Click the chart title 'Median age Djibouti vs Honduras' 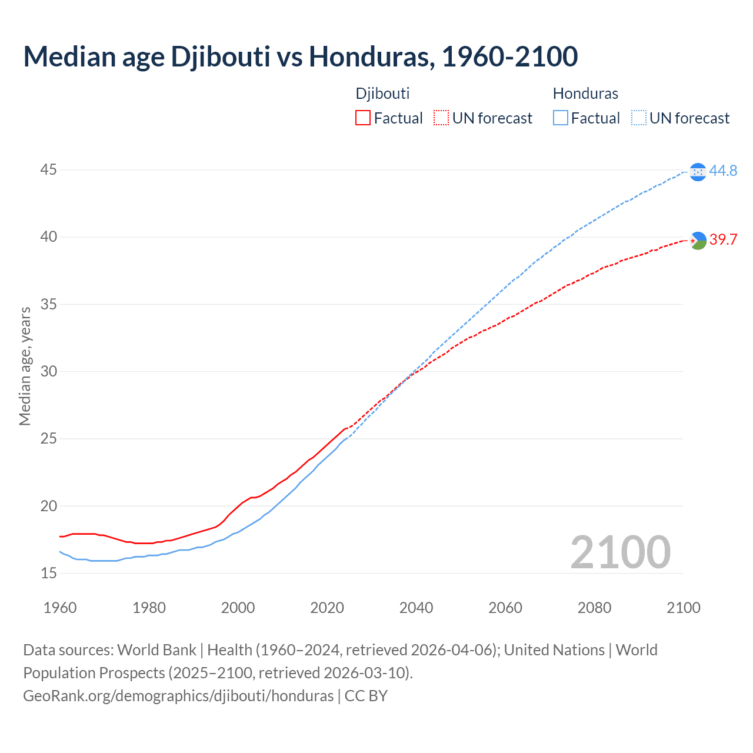(x=300, y=56)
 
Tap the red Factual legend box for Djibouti (x=363, y=118)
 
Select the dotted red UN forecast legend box (x=441, y=118)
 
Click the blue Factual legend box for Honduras (x=561, y=118)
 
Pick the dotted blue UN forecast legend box (x=638, y=118)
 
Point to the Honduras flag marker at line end (x=698, y=172)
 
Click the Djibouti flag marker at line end (x=698, y=240)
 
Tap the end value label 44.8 (x=723, y=171)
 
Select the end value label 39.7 (x=723, y=240)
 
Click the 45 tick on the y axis (x=48, y=170)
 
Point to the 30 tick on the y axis (x=48, y=371)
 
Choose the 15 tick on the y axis (x=48, y=573)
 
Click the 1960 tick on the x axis (x=60, y=608)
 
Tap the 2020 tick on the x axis (x=327, y=608)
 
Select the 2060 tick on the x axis (x=505, y=608)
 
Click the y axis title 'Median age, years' (x=25, y=366)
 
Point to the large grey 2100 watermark (x=620, y=552)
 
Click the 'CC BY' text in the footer (x=366, y=696)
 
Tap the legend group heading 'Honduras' (x=585, y=94)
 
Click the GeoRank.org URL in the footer (x=178, y=696)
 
